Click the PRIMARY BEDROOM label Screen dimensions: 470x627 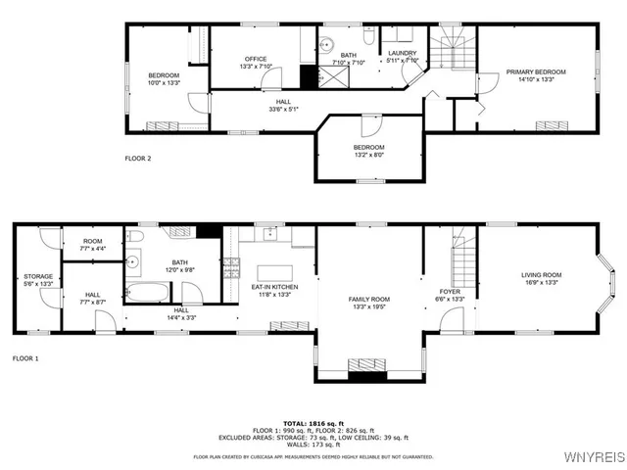click(535, 71)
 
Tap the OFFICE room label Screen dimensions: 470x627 click(255, 59)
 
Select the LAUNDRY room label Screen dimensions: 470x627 click(403, 53)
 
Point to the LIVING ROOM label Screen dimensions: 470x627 click(541, 275)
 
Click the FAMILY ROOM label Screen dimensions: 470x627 click(369, 299)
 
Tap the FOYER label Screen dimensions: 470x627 click(448, 292)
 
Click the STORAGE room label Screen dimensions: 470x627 click(38, 276)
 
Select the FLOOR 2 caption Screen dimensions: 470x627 click(138, 158)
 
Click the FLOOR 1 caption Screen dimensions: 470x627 click(25, 358)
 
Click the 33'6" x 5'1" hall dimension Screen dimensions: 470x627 click(283, 109)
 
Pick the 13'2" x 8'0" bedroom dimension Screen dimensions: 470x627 click(369, 154)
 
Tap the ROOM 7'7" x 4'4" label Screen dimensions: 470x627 click(93, 245)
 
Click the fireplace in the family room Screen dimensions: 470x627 click(369, 374)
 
